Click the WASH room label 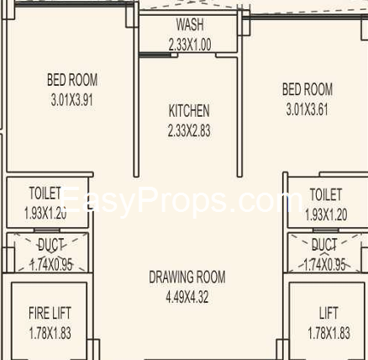[x=189, y=26]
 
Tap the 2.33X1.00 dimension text [x=189, y=44]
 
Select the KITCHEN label [x=189, y=111]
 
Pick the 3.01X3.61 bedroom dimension [x=308, y=109]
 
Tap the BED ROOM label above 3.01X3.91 [x=72, y=81]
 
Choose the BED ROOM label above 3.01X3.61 [x=308, y=89]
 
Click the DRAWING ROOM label [x=187, y=277]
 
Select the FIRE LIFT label [x=50, y=314]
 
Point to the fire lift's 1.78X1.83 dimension [x=50, y=332]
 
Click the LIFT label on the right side [x=329, y=314]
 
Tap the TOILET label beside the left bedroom [x=45, y=193]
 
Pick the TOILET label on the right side [x=325, y=195]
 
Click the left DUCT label [x=51, y=245]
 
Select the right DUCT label [x=324, y=245]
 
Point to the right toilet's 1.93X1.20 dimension [x=325, y=214]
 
